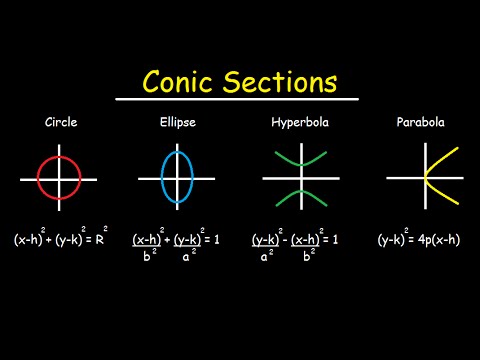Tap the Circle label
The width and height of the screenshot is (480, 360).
point(60,124)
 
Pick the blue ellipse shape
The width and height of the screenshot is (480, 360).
point(165,178)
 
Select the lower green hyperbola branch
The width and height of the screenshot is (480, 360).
point(300,194)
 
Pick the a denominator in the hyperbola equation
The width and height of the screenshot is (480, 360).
point(264,258)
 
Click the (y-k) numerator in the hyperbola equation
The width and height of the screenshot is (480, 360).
point(265,239)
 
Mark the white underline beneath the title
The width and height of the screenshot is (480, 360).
point(237,98)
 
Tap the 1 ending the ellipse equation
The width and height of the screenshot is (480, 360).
point(220,240)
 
